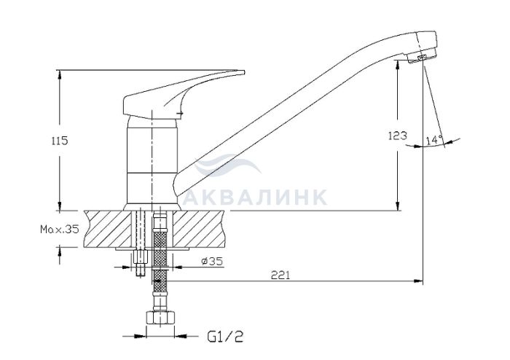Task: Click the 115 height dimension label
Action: pos(60,141)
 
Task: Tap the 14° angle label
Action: pos(434,140)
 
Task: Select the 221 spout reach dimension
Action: pos(280,275)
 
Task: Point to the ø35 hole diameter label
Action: pos(212,261)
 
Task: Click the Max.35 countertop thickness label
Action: pos(60,230)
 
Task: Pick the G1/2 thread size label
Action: pos(225,337)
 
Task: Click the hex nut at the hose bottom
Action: pos(161,318)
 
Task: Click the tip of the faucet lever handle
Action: pos(244,72)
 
